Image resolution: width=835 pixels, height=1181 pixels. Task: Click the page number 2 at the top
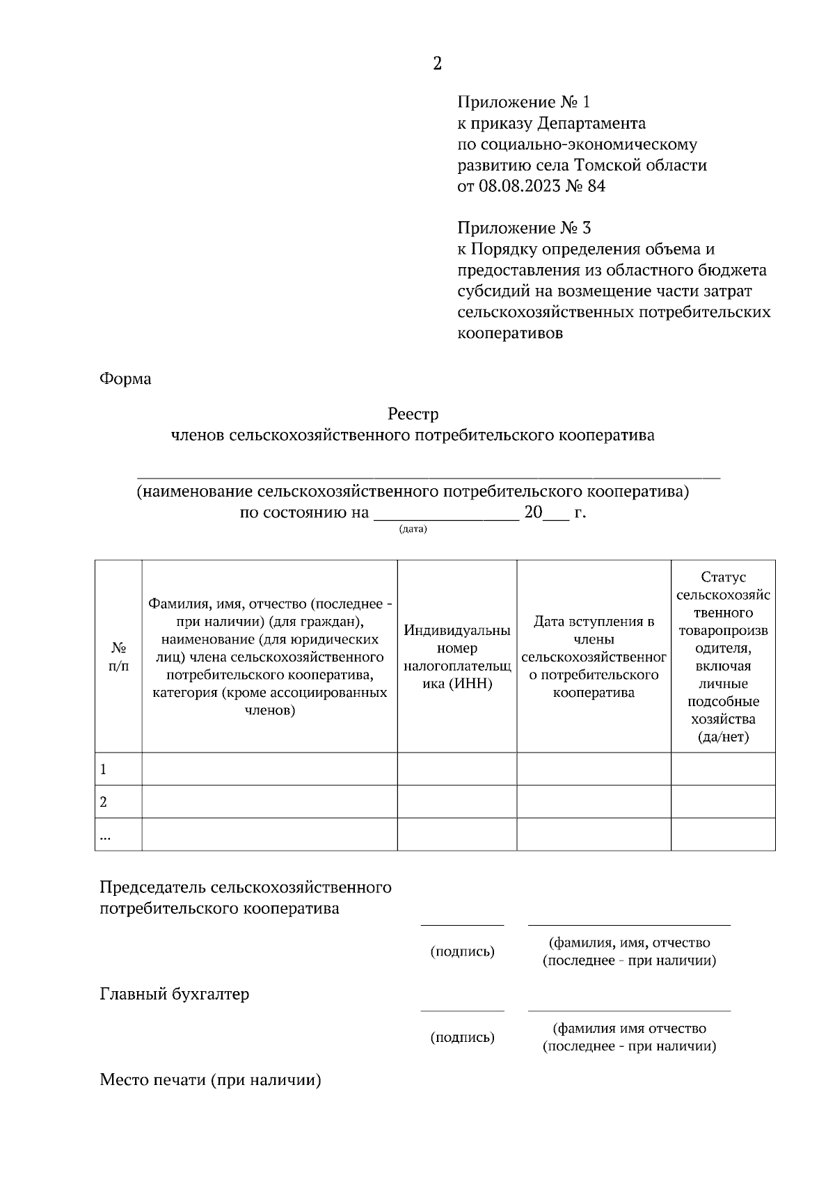[437, 64]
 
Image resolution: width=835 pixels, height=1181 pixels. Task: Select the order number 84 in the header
[596, 186]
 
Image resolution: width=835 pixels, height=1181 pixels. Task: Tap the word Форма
[125, 379]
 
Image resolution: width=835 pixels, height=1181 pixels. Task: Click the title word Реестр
[413, 415]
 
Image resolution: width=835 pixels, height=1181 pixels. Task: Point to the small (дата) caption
[413, 529]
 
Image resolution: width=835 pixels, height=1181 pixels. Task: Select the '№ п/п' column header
[118, 657]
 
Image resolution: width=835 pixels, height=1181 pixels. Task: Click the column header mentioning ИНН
[457, 657]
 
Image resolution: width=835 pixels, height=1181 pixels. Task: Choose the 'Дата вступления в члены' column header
[594, 657]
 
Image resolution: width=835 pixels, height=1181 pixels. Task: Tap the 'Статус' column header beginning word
[723, 577]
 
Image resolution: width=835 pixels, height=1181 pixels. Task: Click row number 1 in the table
[104, 769]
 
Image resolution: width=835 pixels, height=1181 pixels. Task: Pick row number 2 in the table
[104, 802]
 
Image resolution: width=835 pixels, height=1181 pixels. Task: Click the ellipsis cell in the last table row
[105, 836]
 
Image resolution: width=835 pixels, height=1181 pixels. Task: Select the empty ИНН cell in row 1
[457, 769]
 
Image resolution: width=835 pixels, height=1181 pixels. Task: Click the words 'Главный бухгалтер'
[175, 994]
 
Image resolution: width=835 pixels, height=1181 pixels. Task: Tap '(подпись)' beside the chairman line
[463, 951]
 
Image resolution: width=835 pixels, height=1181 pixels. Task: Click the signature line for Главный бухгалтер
[463, 1010]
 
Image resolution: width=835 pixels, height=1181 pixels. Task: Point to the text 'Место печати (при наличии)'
[211, 1080]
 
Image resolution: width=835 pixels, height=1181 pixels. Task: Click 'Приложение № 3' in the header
[524, 228]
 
